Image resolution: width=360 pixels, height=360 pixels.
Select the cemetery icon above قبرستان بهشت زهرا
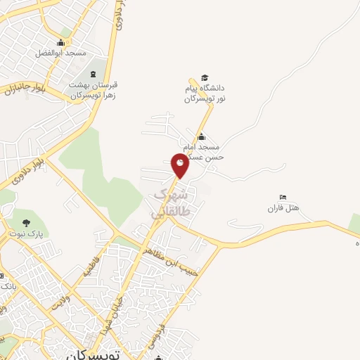point(92,74)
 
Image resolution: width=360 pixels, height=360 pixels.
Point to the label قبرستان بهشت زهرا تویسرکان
point(92,89)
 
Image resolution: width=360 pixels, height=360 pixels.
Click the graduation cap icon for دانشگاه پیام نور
point(205,78)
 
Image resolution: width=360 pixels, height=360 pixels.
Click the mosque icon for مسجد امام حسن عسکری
point(202,136)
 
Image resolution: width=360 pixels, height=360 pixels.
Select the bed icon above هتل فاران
point(283,197)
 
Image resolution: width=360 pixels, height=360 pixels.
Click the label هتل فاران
point(283,208)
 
